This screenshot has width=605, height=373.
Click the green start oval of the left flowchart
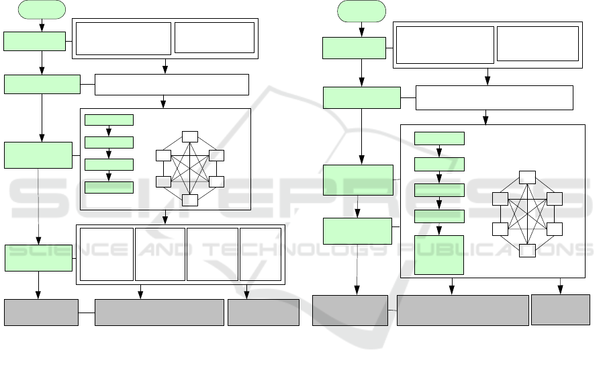tap(42, 9)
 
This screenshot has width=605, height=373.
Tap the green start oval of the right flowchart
tap(362, 11)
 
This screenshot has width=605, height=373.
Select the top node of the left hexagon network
tap(190, 136)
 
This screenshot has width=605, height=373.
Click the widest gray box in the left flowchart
tap(159, 313)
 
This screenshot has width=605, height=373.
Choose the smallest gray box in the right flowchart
tap(561, 310)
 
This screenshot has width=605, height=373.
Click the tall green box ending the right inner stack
tap(439, 255)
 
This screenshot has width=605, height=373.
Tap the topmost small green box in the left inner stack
tap(109, 120)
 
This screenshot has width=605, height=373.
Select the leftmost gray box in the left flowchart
tap(41, 313)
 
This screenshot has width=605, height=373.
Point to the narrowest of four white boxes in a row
tap(261, 254)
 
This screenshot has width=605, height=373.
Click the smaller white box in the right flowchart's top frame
tap(538, 44)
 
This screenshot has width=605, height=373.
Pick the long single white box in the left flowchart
tap(172, 85)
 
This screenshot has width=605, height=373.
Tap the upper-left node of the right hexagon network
tap(500, 199)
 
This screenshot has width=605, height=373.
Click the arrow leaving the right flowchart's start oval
tap(362, 30)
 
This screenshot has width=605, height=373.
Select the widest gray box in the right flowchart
tap(463, 310)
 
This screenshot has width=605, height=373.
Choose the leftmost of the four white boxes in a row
tap(106, 254)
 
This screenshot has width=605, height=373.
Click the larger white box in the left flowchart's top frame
tap(124, 38)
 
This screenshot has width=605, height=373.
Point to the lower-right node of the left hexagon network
tap(216, 181)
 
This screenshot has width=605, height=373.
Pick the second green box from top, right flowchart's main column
tap(361, 97)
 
